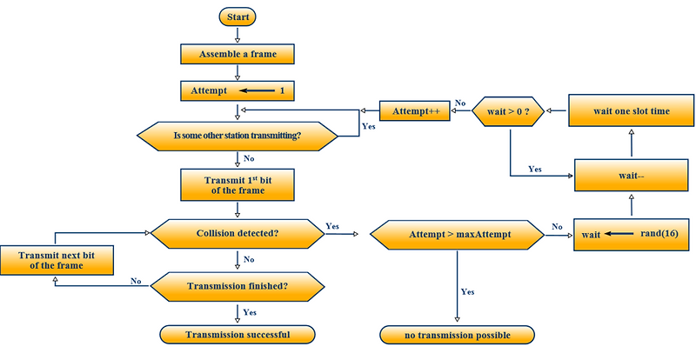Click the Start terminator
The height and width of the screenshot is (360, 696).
(238, 17)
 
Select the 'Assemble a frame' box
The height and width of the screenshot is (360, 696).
(238, 53)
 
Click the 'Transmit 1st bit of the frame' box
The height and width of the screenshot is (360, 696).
(238, 184)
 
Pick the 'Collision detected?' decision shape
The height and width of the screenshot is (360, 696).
(238, 233)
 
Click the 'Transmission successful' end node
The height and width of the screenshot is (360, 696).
(238, 334)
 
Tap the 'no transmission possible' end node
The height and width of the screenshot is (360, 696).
(457, 335)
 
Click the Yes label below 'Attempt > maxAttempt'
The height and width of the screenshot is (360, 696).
(467, 292)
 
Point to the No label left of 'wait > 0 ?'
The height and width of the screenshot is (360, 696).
(461, 102)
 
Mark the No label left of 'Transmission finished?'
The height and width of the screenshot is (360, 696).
(137, 281)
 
